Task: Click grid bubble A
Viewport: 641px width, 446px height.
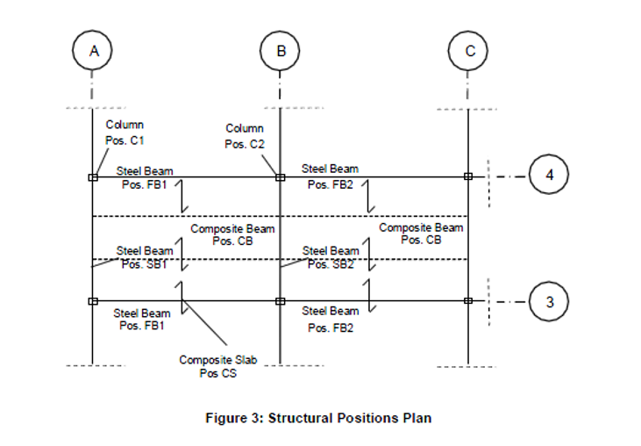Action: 93,51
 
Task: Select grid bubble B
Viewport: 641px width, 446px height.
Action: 281,51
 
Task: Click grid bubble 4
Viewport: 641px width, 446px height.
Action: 550,176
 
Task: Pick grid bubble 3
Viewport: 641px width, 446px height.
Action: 550,301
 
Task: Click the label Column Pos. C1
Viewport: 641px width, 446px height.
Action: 125,132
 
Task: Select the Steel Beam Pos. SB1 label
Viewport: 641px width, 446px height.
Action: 145,257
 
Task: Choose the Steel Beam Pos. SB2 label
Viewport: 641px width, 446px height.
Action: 331,257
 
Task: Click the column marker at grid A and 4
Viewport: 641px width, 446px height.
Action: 93,176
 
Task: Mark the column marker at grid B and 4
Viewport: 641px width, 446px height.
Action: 281,176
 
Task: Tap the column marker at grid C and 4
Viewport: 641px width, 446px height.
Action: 468,176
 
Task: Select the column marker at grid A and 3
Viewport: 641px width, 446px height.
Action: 93,301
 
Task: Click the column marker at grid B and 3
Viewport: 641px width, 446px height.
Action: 281,301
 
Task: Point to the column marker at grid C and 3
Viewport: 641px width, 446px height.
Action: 468,301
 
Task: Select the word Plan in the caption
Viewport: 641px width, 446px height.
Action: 417,418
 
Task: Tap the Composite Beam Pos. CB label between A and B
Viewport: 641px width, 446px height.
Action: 232,234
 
